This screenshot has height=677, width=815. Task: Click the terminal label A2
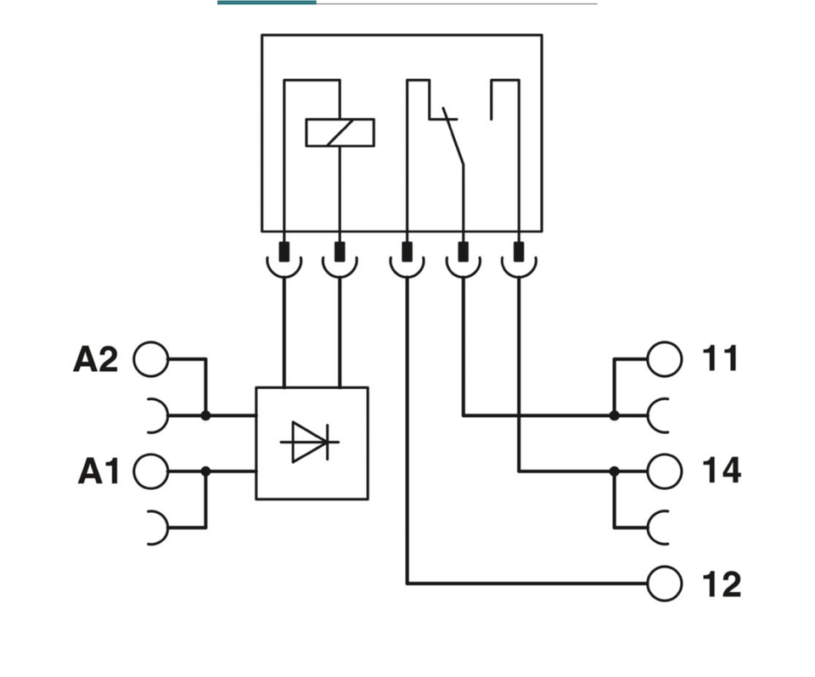click(96, 359)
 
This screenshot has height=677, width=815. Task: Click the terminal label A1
click(98, 471)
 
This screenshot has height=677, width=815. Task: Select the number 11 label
click(720, 358)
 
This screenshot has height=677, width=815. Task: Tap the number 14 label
click(722, 471)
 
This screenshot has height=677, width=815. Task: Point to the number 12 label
click(722, 584)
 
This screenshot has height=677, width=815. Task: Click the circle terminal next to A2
click(151, 359)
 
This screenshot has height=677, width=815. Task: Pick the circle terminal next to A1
click(151, 471)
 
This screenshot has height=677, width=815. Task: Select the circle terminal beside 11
click(664, 359)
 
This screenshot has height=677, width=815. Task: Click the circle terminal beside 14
click(664, 471)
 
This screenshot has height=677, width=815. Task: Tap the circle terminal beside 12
click(664, 584)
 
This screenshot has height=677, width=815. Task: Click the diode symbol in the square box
click(310, 442)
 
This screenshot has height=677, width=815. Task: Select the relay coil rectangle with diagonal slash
click(340, 133)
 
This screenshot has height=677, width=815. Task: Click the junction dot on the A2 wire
click(205, 415)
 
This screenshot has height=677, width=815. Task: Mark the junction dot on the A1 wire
click(205, 471)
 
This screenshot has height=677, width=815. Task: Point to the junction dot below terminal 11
click(615, 415)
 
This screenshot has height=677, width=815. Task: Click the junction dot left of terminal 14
click(615, 471)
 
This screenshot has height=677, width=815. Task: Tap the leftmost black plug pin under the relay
click(284, 251)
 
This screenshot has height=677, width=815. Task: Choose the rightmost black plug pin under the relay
click(519, 251)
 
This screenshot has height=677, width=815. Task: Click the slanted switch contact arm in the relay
click(452, 136)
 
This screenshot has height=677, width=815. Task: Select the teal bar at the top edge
click(267, 3)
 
